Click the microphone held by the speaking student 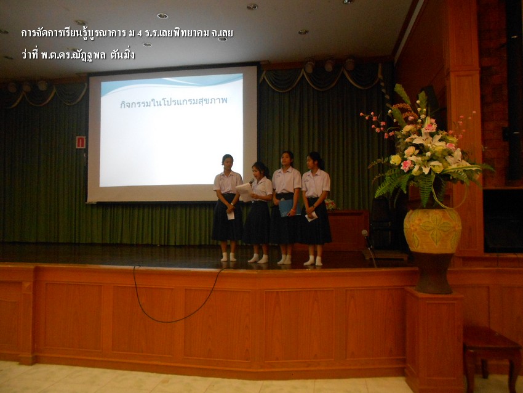pyautogui.click(x=252, y=181)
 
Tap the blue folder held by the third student pyautogui.click(x=289, y=208)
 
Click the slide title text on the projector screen pyautogui.click(x=174, y=102)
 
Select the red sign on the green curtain pyautogui.click(x=81, y=142)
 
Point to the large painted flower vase pyautogui.click(x=433, y=230)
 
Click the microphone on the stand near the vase pyautogui.click(x=365, y=233)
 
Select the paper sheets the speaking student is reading pyautogui.click(x=244, y=192)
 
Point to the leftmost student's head pyautogui.click(x=227, y=161)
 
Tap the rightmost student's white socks pyautogui.click(x=314, y=261)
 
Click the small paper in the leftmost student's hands pyautogui.click(x=231, y=216)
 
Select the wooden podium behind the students pyautogui.click(x=347, y=230)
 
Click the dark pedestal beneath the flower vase pyautogui.click(x=434, y=273)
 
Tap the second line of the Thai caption pyautogui.click(x=78, y=54)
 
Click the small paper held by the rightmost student pyautogui.click(x=311, y=217)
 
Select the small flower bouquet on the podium pyautogui.click(x=330, y=205)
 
